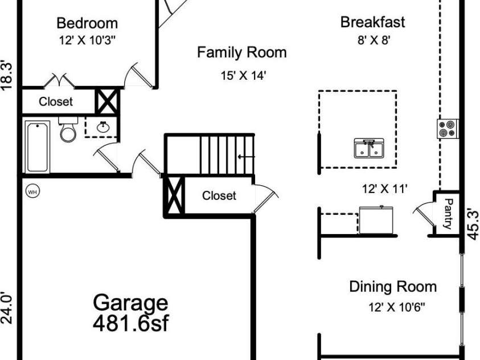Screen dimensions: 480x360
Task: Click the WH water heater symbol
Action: [x=32, y=191]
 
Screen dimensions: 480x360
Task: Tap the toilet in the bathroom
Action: [x=68, y=129]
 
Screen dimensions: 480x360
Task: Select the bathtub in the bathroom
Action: [x=38, y=147]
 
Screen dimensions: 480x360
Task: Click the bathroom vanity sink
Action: [x=102, y=126]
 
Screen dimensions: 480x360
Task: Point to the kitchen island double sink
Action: [x=369, y=148]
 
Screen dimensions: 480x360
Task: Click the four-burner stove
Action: [x=448, y=129]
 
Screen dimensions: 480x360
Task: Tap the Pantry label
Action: [x=448, y=214]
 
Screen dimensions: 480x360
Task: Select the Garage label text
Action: [x=130, y=302]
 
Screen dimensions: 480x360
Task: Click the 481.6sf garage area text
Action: [x=131, y=323]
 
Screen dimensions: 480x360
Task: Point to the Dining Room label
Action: [x=393, y=287]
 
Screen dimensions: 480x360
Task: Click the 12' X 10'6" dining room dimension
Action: [x=397, y=306]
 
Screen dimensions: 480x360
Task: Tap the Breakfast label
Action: [x=373, y=22]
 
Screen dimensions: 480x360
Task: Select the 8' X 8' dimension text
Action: [x=374, y=40]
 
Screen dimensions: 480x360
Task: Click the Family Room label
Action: [x=242, y=52]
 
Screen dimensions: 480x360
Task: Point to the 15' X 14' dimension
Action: [x=243, y=75]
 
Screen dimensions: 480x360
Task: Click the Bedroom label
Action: [x=87, y=23]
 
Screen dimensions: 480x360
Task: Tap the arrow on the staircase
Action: [x=247, y=157]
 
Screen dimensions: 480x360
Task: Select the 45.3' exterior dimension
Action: [x=473, y=224]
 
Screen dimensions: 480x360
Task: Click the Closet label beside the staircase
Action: [x=219, y=195]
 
